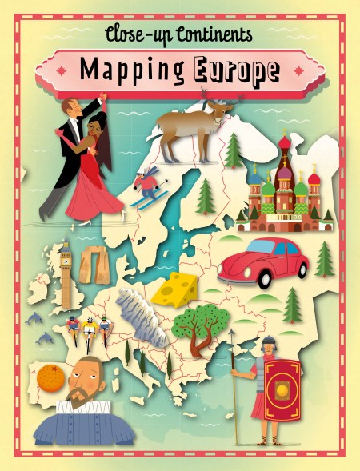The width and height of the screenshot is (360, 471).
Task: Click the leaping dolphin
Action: pyautogui.click(x=34, y=319)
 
